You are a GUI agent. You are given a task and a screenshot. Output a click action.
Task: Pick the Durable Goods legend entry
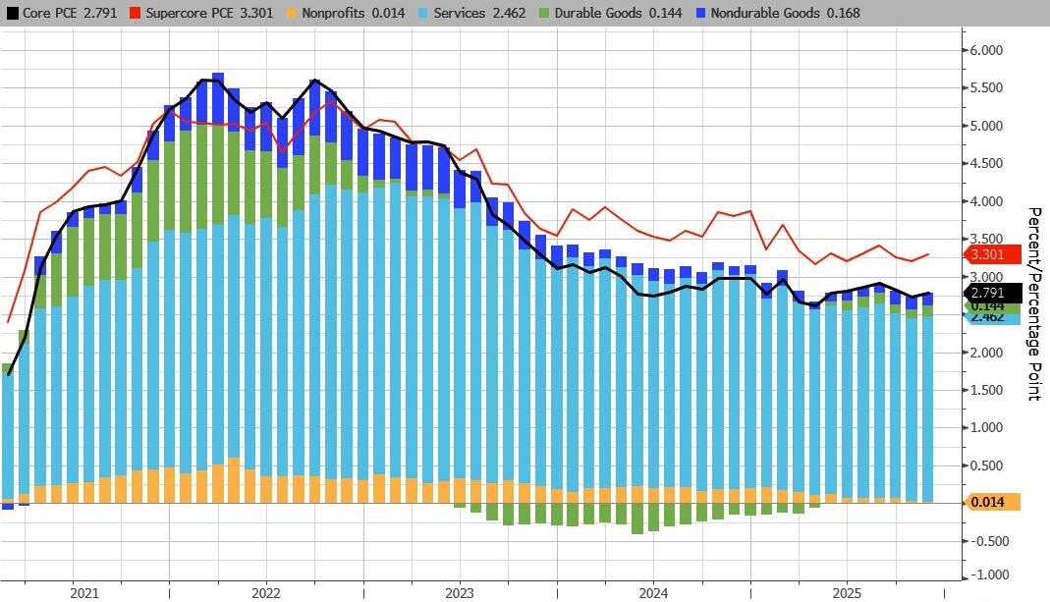click(570, 14)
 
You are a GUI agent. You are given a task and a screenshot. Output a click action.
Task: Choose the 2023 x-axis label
click(460, 593)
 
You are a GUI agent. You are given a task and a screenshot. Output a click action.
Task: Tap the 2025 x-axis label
click(848, 593)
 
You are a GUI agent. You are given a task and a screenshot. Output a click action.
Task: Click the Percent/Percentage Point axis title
click(1033, 303)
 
